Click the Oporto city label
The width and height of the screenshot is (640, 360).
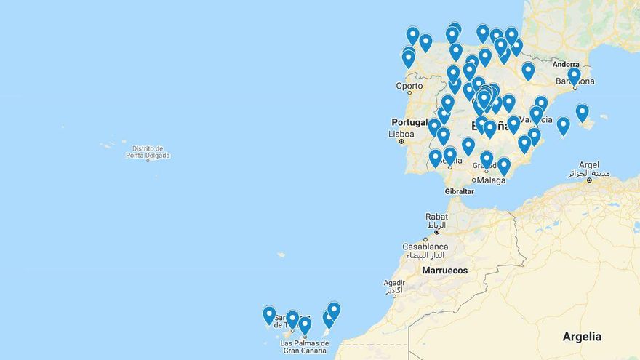409,86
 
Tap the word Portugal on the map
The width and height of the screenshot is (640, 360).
409,122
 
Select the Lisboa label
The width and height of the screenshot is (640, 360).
401,134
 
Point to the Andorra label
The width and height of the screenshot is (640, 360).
565,64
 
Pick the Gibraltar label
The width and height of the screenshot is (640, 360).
459,191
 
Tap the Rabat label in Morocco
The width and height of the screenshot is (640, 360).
436,216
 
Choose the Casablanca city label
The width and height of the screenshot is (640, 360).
425,247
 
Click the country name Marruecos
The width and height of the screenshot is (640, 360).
445,271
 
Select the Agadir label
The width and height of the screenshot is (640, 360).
393,283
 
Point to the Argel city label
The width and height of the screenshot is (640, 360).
589,165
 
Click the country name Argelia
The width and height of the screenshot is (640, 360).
582,337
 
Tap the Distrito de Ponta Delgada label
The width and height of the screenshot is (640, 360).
148,152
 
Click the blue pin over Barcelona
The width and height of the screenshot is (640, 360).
574,75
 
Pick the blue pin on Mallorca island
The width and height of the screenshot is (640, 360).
582,112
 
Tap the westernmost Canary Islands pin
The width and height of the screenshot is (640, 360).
269,314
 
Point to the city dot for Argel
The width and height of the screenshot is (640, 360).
589,179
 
